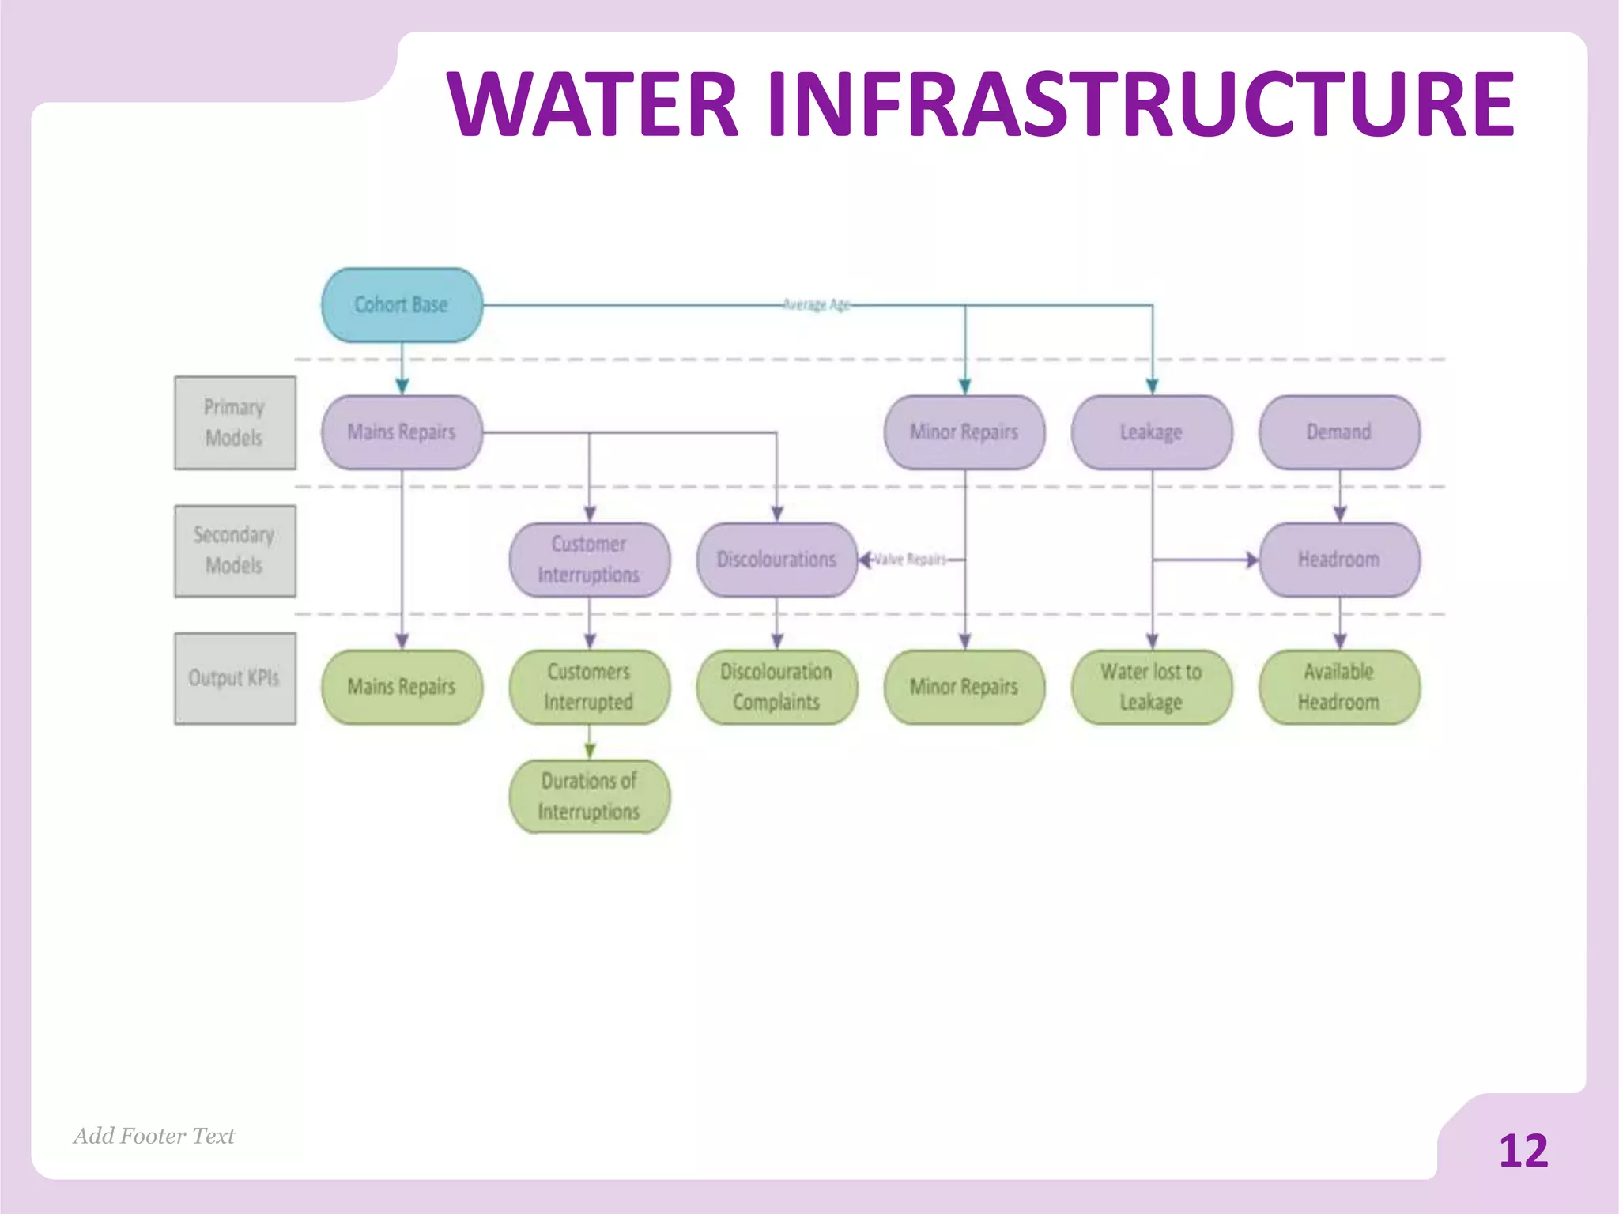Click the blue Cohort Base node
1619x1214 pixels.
pyautogui.click(x=402, y=305)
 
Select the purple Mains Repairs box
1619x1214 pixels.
pyautogui.click(x=402, y=432)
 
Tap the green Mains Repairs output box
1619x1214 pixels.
pyautogui.click(x=402, y=686)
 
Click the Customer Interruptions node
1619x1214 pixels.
pyautogui.click(x=589, y=560)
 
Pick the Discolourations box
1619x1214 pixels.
pyautogui.click(x=776, y=560)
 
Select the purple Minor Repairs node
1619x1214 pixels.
pyautogui.click(x=964, y=432)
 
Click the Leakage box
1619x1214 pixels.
pyautogui.click(x=1151, y=432)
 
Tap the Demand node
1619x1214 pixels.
pyautogui.click(x=1338, y=432)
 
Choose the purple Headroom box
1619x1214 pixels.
pyautogui.click(x=1338, y=560)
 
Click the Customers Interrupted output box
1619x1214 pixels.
pyautogui.click(x=589, y=686)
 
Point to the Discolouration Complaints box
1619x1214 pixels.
pyautogui.click(x=776, y=686)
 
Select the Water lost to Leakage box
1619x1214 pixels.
pyautogui.click(x=1151, y=686)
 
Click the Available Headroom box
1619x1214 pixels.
pyautogui.click(x=1338, y=686)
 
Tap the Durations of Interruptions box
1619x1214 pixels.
pyautogui.click(x=589, y=796)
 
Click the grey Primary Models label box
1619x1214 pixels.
pyautogui.click(x=235, y=423)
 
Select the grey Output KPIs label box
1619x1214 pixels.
pyautogui.click(x=235, y=678)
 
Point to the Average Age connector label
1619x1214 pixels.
pyautogui.click(x=816, y=304)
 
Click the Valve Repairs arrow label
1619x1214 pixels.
pyautogui.click(x=910, y=560)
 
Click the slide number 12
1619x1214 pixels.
pyautogui.click(x=1523, y=1151)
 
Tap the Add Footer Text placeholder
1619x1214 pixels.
pyautogui.click(x=154, y=1136)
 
